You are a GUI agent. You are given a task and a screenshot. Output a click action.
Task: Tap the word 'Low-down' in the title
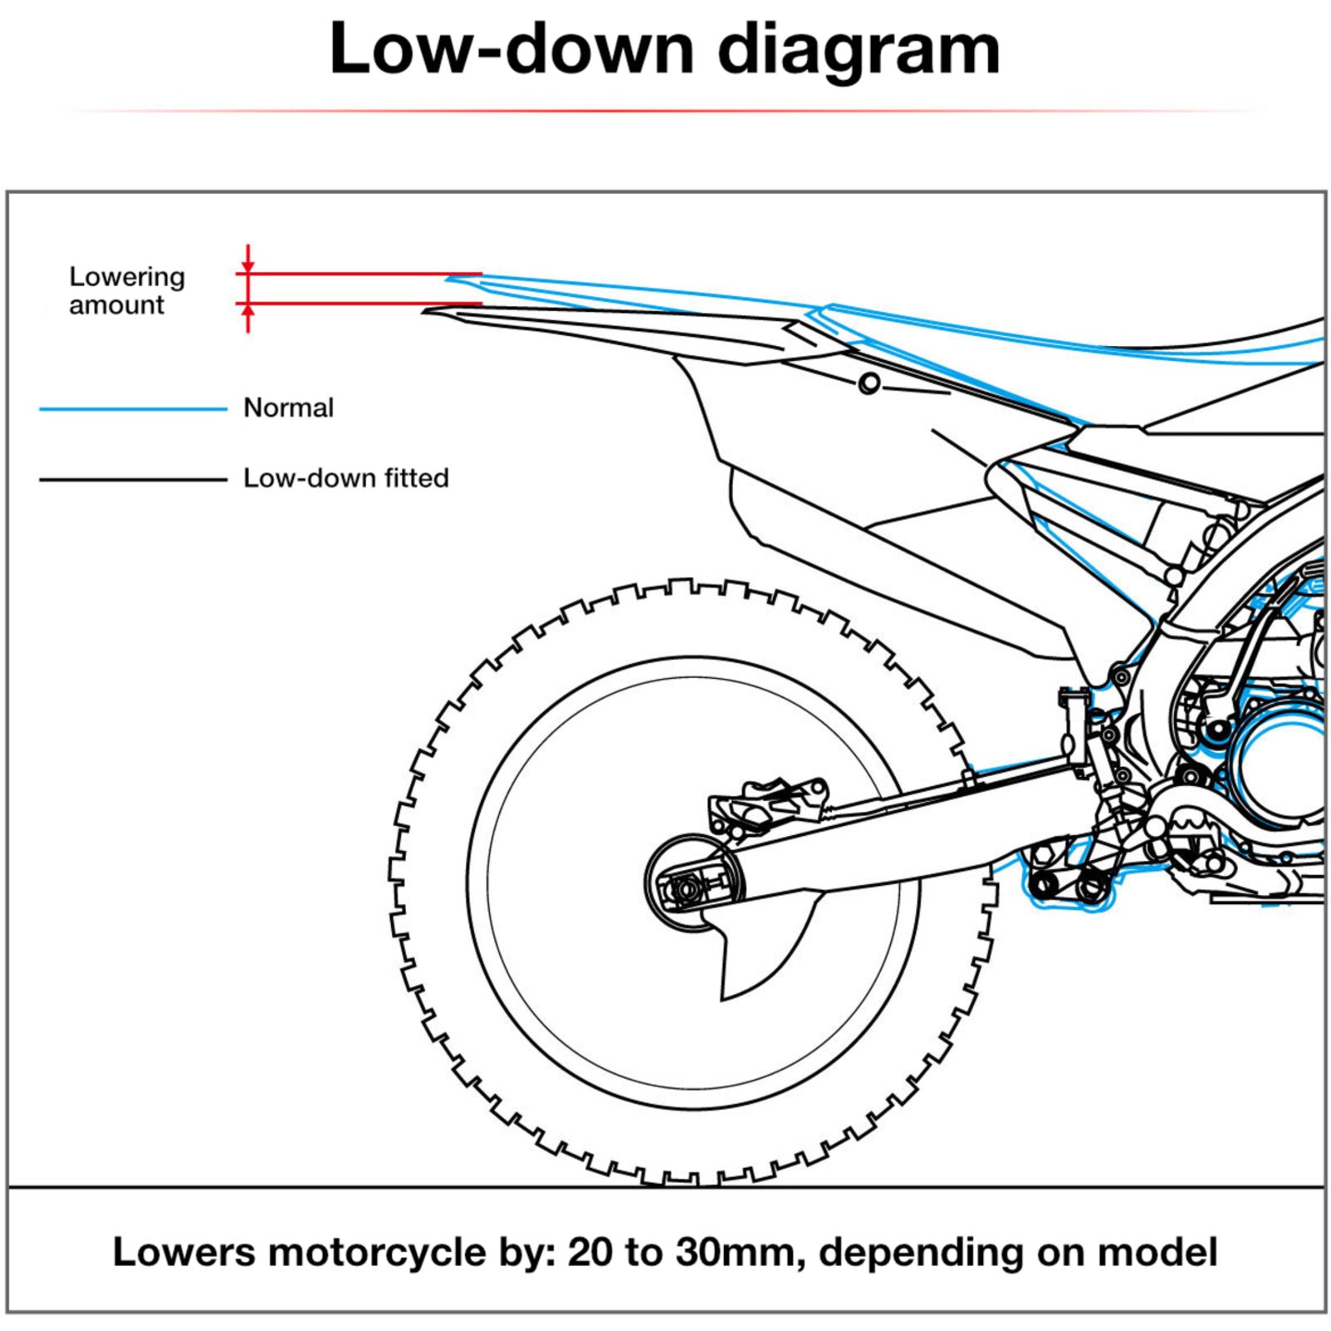click(511, 49)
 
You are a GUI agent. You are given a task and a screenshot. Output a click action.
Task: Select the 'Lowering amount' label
click(126, 290)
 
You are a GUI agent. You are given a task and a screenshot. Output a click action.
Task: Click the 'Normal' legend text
click(288, 408)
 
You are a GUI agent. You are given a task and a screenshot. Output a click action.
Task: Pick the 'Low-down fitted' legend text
click(345, 477)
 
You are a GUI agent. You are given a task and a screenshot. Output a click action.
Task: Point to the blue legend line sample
click(133, 408)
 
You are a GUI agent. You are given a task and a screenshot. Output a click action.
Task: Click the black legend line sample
click(133, 479)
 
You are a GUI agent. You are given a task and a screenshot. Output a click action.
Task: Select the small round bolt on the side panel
click(869, 383)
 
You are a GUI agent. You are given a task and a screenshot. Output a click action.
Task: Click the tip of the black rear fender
click(426, 311)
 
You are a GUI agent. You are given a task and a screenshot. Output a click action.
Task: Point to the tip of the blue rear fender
click(449, 278)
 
